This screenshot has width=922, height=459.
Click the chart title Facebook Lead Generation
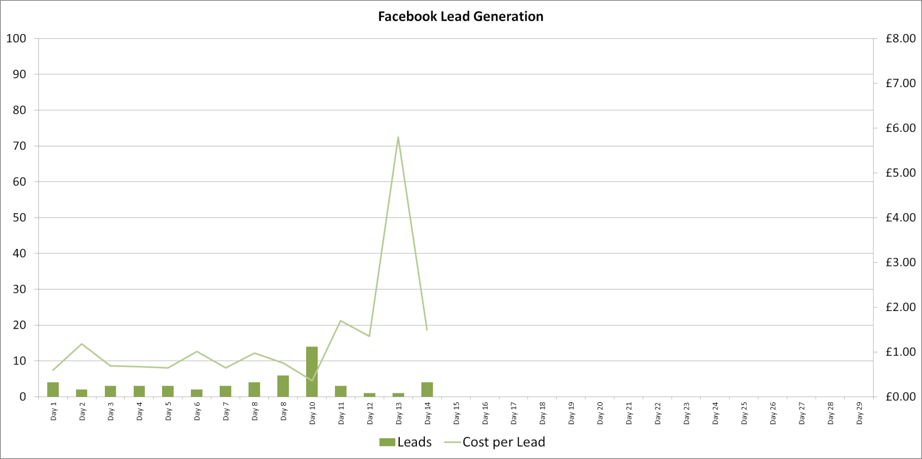point(461,17)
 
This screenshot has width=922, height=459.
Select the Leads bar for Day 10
point(312,372)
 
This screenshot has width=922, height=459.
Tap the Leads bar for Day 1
point(53,390)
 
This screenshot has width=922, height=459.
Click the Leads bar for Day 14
point(427,390)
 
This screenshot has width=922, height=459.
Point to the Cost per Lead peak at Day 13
point(398,137)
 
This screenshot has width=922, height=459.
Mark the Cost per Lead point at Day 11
point(341,321)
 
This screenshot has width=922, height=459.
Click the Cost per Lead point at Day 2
point(81,344)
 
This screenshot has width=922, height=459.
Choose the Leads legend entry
point(406,442)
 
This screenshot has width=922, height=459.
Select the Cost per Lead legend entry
point(494,442)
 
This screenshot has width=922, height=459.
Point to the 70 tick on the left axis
point(19,146)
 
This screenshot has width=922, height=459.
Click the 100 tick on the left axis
point(16,38)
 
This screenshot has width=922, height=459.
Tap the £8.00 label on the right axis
point(900,38)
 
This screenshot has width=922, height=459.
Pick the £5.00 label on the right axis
point(900,173)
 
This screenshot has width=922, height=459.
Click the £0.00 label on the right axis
point(900,396)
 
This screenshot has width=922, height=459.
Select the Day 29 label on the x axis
point(859,413)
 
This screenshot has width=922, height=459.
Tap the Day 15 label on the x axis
point(456,413)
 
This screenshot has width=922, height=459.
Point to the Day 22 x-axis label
point(658,413)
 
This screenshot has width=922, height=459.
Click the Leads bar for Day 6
point(197,393)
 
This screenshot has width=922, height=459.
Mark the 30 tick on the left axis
point(19,289)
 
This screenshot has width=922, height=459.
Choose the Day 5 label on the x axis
point(168,411)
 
